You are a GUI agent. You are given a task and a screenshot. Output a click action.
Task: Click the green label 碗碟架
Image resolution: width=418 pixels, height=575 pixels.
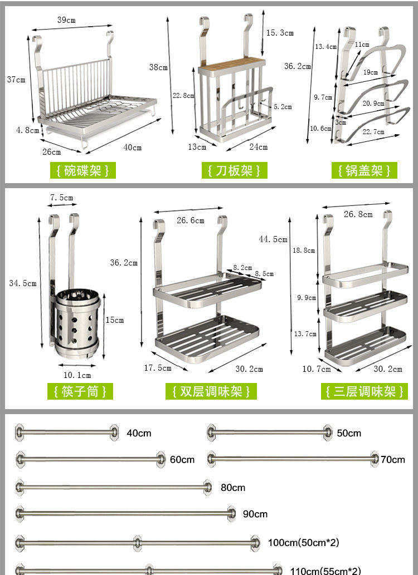[x=82, y=170]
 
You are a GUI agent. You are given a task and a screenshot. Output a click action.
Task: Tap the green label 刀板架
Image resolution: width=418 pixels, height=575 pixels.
[x=234, y=170]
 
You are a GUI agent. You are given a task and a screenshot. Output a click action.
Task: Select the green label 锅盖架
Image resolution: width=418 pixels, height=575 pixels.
[x=364, y=170]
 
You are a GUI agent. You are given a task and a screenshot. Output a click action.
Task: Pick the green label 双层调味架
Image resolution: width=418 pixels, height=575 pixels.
[x=211, y=391]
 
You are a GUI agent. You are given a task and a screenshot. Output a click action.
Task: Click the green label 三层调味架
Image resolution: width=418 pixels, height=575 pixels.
[x=364, y=391]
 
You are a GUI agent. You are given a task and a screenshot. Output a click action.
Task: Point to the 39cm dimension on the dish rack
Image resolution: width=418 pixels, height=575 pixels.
[x=66, y=20]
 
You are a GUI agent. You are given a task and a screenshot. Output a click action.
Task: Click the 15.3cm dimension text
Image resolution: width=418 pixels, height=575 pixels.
[x=279, y=33]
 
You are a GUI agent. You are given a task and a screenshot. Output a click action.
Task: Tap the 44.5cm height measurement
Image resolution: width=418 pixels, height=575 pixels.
[x=273, y=239]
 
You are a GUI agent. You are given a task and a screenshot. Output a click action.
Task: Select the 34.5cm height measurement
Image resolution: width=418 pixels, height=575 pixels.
[x=23, y=283]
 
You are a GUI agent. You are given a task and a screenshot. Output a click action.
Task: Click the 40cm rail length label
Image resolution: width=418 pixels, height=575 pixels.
[x=139, y=433]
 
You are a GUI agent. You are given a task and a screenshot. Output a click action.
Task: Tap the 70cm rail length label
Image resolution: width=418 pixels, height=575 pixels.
[x=393, y=459]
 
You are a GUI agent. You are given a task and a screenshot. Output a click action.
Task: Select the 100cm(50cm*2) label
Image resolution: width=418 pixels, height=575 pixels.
[x=303, y=542]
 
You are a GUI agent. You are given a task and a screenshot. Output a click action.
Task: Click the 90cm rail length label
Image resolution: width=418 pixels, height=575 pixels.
[x=255, y=514]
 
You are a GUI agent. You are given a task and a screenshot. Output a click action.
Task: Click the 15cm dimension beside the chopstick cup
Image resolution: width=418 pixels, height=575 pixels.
[x=114, y=320]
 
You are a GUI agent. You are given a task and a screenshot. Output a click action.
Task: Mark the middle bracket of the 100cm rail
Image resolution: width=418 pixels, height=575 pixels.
[x=137, y=542]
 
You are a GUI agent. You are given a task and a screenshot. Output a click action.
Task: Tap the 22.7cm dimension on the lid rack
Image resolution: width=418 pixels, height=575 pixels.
[x=373, y=132]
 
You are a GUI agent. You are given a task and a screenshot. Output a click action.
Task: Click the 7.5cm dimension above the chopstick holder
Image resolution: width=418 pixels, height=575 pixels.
[x=61, y=198]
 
